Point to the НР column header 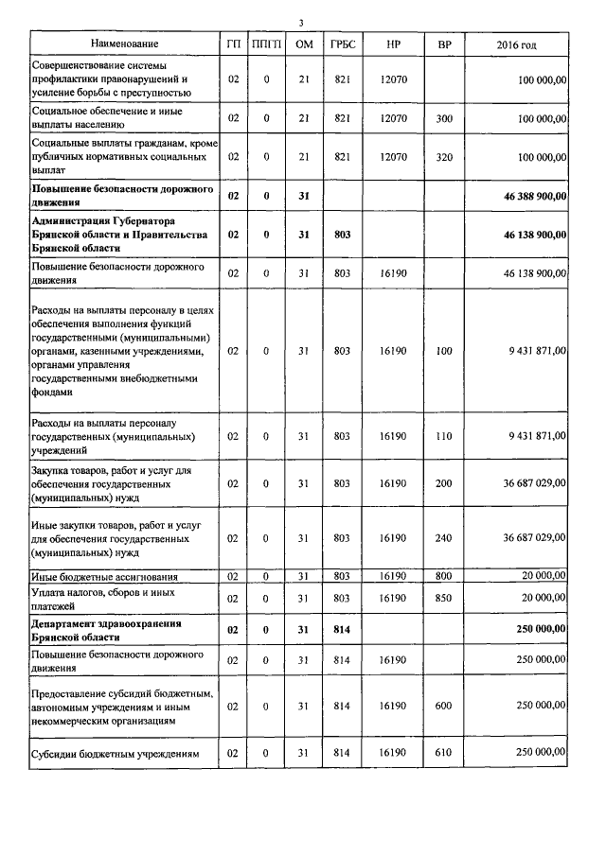click(392, 44)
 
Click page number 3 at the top click(300, 23)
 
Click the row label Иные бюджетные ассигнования click(106, 576)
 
